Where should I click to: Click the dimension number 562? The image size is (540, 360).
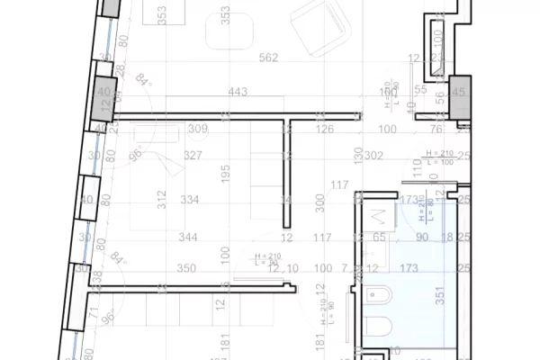pos(268,58)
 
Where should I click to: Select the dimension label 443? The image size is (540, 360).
pos(238,91)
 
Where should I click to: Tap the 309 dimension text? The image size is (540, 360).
pos(198,130)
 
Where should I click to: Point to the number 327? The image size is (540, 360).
pos(193,155)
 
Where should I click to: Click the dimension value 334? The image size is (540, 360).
pos(189,199)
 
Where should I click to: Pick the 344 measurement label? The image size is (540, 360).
pos(188,238)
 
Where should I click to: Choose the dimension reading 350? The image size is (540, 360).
pos(186,268)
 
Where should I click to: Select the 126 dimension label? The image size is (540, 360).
pos(324,130)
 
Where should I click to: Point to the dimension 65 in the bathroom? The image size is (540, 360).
pos(381,238)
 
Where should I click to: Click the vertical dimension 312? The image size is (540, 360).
pos(162,199)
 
